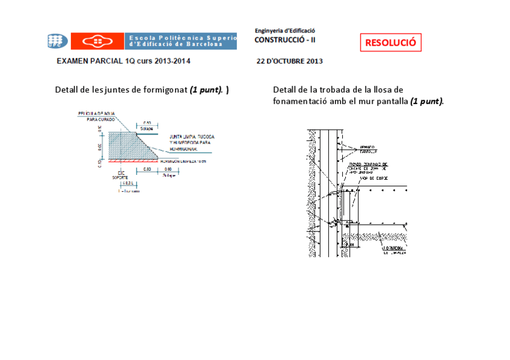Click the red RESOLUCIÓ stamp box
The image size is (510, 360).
pyautogui.click(x=391, y=43)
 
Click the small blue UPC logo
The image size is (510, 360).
pyautogui.click(x=55, y=41)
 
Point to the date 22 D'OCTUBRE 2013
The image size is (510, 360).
pyautogui.click(x=289, y=61)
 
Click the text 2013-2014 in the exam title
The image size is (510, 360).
pyautogui.click(x=172, y=61)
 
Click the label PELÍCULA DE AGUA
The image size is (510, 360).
pyautogui.click(x=96, y=113)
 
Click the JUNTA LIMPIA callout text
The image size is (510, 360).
pyautogui.click(x=191, y=137)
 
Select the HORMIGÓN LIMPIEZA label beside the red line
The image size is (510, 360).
pyautogui.click(x=188, y=162)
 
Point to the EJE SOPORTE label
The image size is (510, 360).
pyautogui.click(x=120, y=175)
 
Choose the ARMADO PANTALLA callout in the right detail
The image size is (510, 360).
pyautogui.click(x=367, y=148)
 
